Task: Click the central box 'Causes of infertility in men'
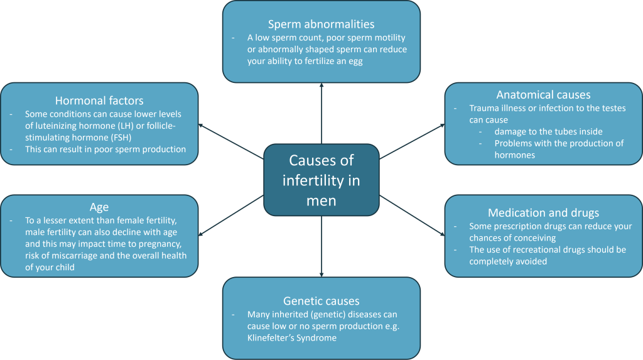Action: point(321,180)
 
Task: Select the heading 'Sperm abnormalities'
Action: point(321,25)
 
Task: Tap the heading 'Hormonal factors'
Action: point(99,101)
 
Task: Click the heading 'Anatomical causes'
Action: point(543,95)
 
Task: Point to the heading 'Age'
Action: point(99,207)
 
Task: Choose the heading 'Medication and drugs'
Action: point(543,212)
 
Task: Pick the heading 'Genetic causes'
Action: point(321,300)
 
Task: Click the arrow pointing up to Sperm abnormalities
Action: point(321,113)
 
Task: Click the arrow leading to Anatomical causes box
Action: point(411,140)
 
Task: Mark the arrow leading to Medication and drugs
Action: point(411,216)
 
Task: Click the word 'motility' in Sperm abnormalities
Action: point(382,38)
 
